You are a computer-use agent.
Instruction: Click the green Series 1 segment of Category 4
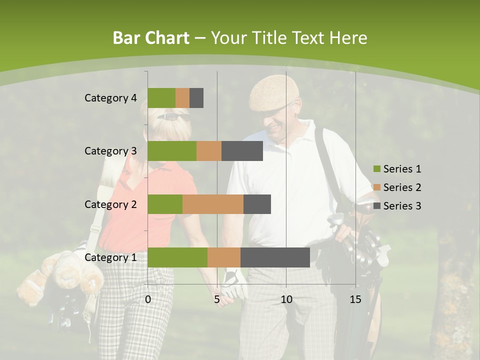click(x=161, y=98)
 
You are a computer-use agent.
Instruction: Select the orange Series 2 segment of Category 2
click(x=213, y=204)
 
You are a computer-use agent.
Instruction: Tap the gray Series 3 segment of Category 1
click(x=275, y=257)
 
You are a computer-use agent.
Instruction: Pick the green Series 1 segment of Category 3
click(x=172, y=151)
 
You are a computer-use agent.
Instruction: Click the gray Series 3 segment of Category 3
click(x=242, y=151)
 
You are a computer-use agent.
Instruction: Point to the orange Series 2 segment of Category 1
click(x=224, y=257)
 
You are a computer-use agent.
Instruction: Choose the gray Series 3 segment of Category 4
click(x=196, y=98)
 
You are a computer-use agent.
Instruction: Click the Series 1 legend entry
click(x=397, y=169)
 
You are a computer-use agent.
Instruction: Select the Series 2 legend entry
click(x=397, y=187)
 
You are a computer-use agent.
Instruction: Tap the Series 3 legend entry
click(x=397, y=206)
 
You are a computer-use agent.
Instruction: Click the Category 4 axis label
click(x=110, y=98)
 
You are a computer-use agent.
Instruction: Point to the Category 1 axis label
click(x=110, y=257)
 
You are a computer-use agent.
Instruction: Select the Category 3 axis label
click(x=110, y=151)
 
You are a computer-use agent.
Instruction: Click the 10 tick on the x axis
click(x=286, y=299)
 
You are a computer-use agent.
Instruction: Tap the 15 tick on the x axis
click(x=355, y=299)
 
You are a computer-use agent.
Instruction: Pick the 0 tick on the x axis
click(x=148, y=299)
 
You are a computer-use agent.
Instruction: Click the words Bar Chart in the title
click(x=150, y=38)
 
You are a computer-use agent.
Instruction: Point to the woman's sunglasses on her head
click(x=174, y=117)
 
